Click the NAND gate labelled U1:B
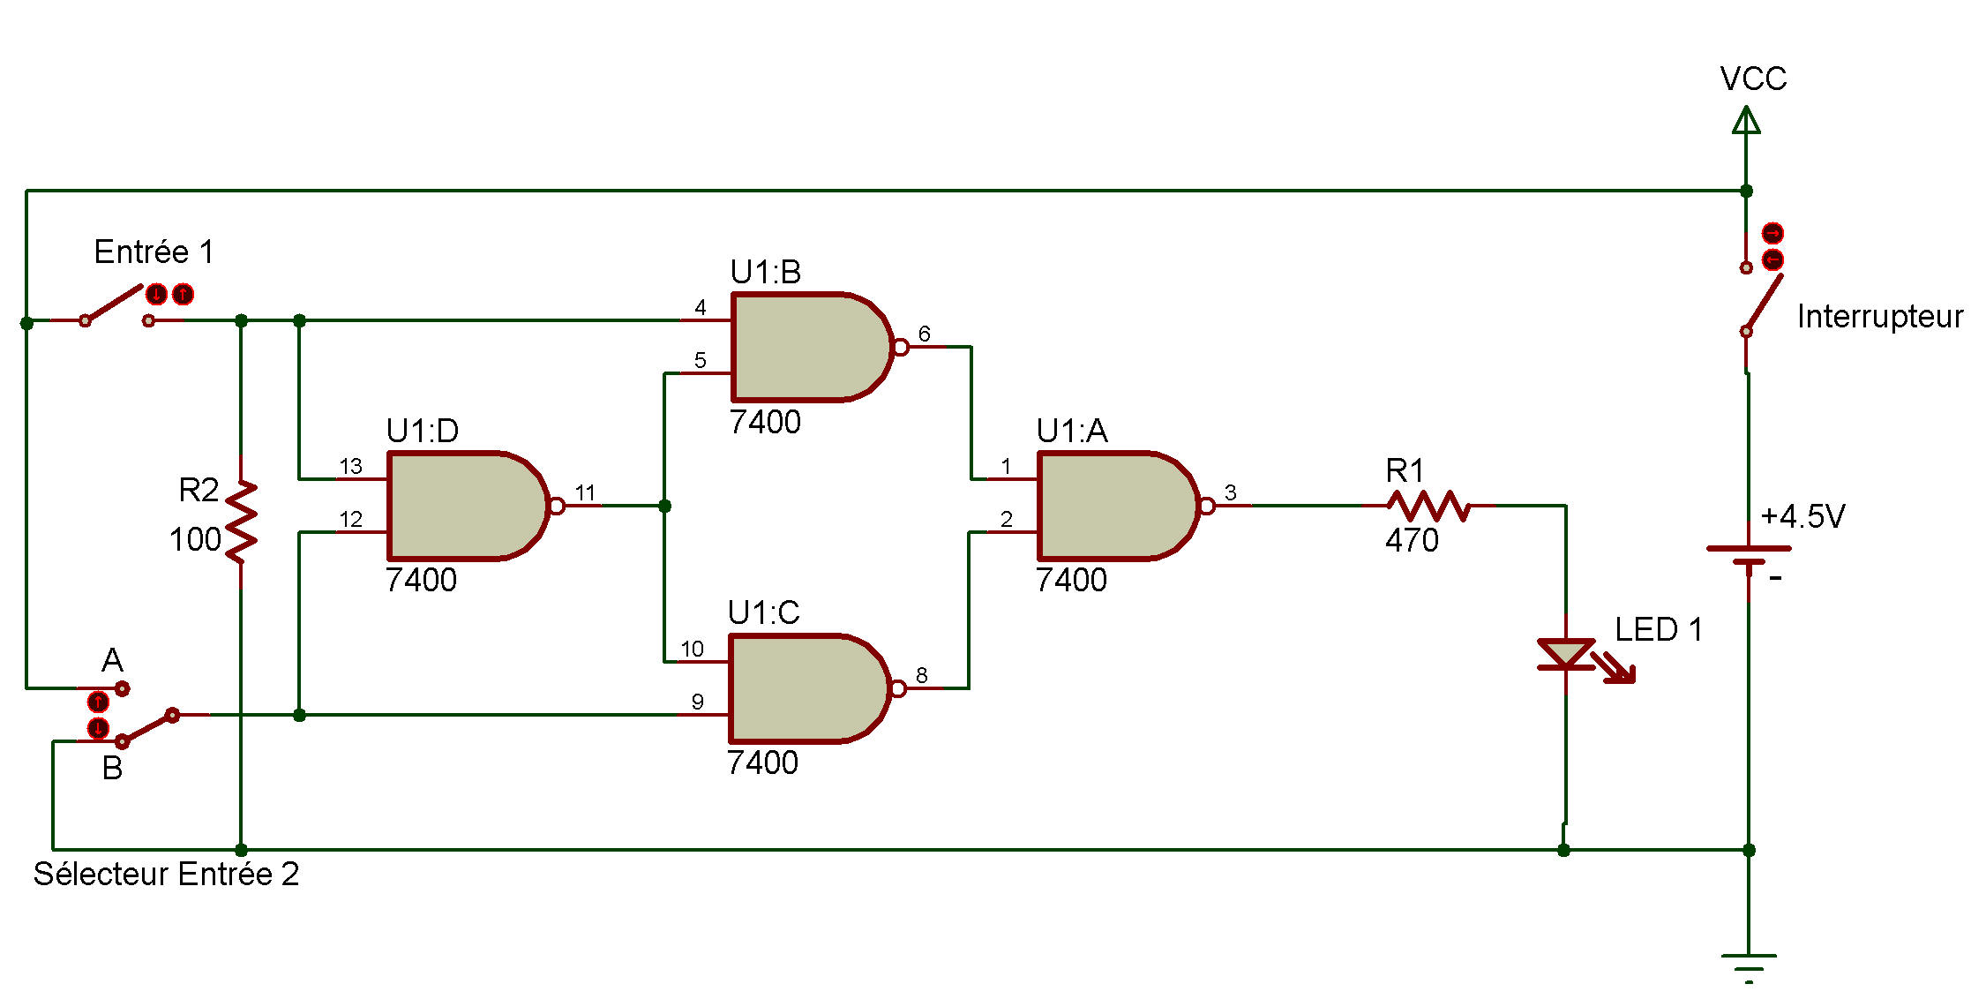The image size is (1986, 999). pos(812,347)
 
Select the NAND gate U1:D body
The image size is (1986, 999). pos(468,506)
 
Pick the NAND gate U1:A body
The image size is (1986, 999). pos(1118,506)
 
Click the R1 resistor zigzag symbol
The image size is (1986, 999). pos(1428,506)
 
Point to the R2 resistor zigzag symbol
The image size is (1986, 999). pos(241,522)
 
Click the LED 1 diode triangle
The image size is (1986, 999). pos(1566,654)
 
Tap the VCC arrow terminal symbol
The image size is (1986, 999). pos(1746,120)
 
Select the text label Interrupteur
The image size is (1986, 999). pos(1880,317)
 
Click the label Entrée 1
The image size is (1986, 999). pos(154,252)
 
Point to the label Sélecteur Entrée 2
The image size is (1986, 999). pos(166,875)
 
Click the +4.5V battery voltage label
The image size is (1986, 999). pos(1802,516)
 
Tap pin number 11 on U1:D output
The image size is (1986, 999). pos(585,492)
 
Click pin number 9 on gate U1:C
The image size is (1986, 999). pos(697,702)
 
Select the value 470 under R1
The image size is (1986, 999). pos(1412,540)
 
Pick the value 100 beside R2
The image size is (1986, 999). pos(195,539)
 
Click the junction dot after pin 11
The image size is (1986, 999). pos(665,506)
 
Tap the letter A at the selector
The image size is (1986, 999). pos(112,660)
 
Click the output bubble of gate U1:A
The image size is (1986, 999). pos(1207,506)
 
